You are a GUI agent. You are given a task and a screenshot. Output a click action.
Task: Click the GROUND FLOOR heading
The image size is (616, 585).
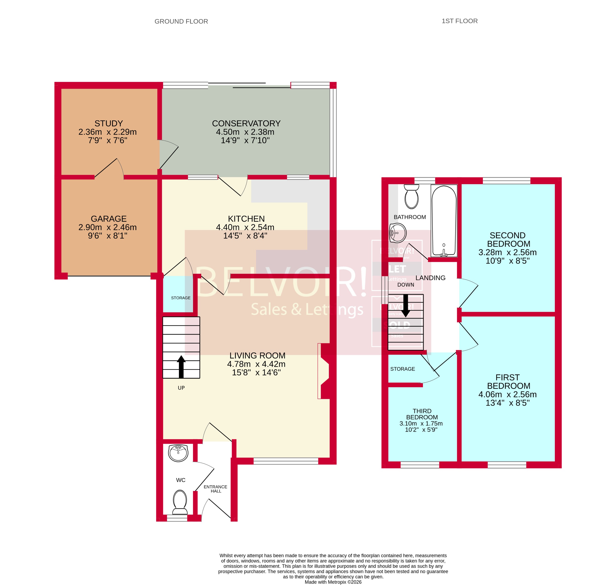(x=181, y=22)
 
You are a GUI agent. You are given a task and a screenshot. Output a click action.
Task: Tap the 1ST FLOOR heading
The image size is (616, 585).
(x=459, y=21)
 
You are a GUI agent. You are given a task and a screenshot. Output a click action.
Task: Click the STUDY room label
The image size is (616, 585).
(x=109, y=123)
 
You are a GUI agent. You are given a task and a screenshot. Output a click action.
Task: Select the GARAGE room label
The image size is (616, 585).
(x=109, y=219)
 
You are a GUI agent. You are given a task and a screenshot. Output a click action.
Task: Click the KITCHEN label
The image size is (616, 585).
(x=246, y=219)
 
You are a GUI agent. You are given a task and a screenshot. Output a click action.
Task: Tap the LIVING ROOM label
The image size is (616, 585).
(x=257, y=355)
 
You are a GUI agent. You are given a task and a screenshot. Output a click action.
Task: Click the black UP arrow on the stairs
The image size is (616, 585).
(x=181, y=366)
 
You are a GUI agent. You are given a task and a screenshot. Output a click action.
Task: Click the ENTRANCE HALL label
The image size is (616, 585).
(x=215, y=489)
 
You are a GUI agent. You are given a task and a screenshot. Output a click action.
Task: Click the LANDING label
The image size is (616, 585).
(x=430, y=278)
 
